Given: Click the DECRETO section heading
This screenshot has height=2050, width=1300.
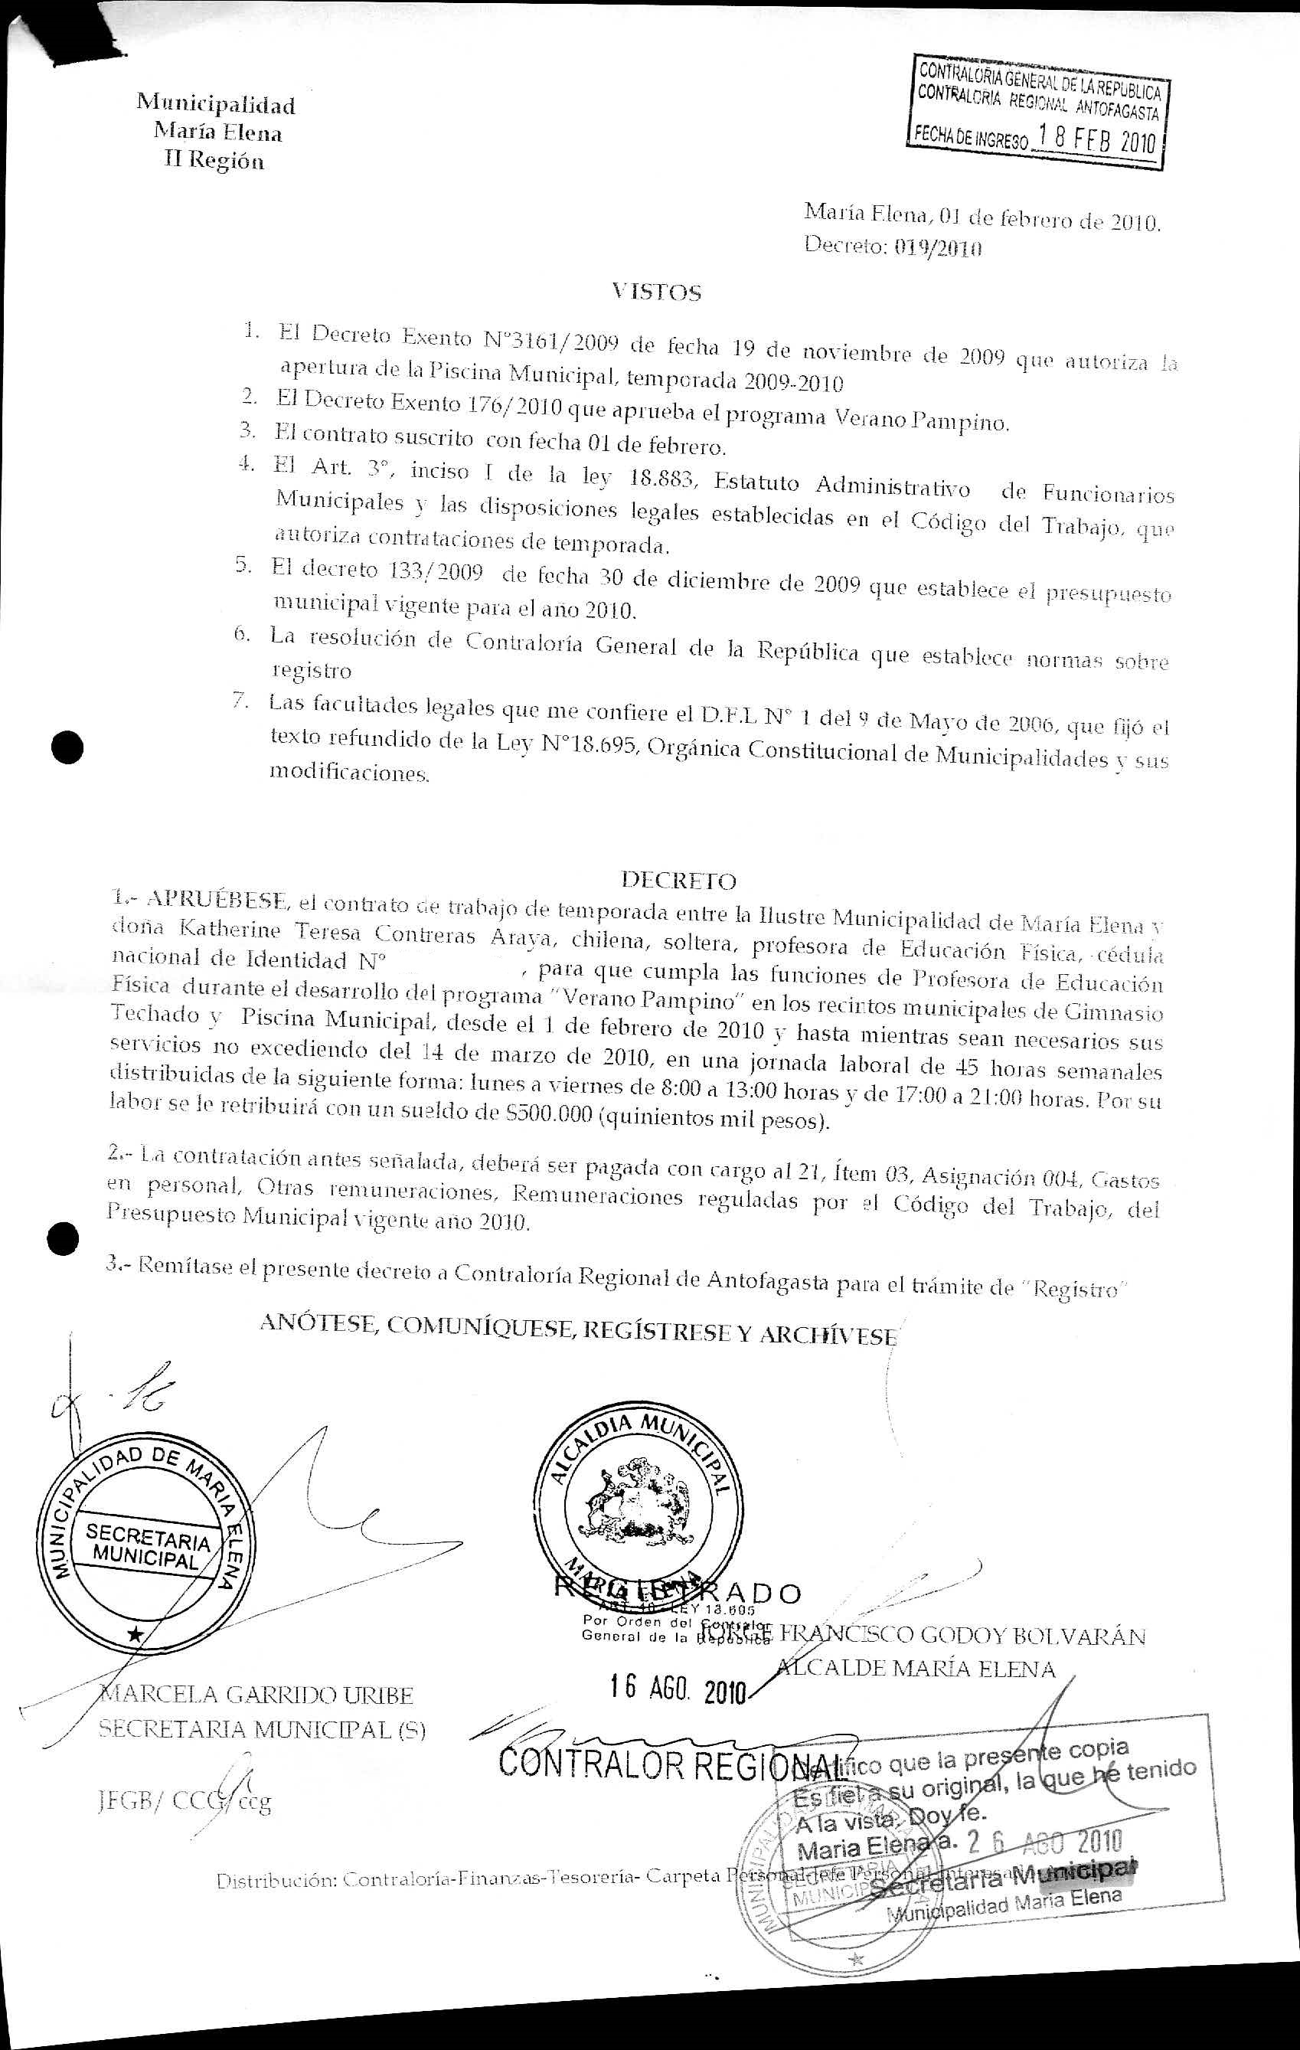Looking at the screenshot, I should click(678, 878).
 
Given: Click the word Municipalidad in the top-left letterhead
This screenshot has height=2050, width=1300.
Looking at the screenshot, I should click(216, 105).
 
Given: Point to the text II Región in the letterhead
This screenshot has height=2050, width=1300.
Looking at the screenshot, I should click(214, 160).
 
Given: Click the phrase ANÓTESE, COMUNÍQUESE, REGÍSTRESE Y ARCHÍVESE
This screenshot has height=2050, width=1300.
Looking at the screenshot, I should click(577, 1332).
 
